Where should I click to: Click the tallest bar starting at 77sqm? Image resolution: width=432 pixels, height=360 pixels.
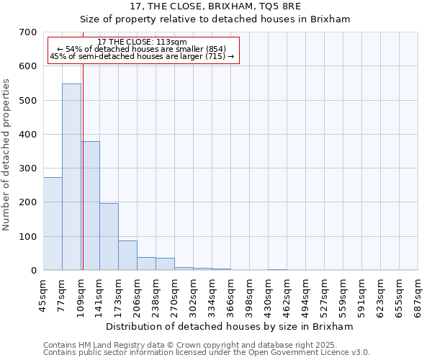[71, 177]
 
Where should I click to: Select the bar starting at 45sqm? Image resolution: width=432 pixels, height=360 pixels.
[53, 224]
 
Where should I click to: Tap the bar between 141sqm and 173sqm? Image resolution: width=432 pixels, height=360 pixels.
[109, 237]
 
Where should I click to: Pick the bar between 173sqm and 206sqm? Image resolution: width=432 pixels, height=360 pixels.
[127, 256]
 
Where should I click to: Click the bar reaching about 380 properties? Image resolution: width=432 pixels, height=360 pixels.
[91, 206]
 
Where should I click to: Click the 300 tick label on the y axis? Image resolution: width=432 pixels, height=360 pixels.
[28, 168]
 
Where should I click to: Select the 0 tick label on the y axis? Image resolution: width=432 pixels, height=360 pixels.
[33, 271]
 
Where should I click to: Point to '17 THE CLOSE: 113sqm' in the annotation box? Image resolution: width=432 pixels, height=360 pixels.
[142, 42]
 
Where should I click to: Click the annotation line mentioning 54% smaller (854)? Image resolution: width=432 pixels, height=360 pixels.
[142, 49]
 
